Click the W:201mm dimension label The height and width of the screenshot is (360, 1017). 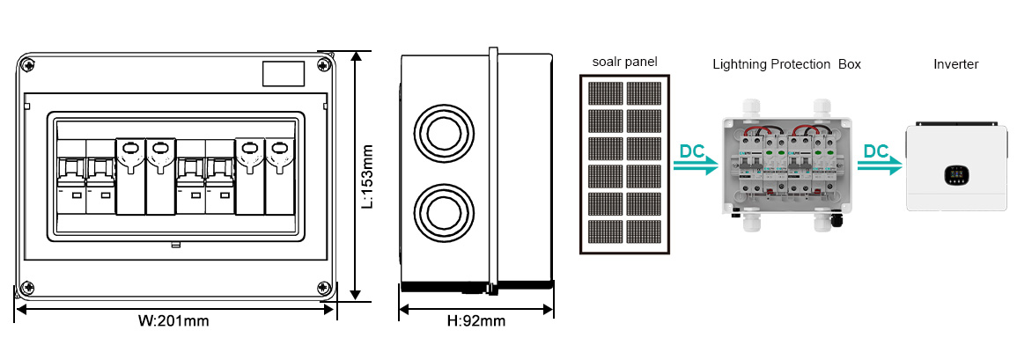(173, 320)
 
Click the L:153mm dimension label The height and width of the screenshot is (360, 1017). (367, 176)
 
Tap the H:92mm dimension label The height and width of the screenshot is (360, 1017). (476, 320)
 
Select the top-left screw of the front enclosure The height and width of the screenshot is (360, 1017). (28, 65)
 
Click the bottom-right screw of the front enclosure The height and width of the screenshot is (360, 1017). (323, 288)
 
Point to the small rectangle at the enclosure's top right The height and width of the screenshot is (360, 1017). (284, 73)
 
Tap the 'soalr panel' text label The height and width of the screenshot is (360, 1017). (624, 62)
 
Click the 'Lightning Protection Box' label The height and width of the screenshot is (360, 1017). (787, 64)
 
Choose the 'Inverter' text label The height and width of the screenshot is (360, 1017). (956, 64)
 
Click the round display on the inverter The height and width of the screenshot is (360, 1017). (954, 173)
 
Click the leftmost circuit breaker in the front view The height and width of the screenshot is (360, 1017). (71, 177)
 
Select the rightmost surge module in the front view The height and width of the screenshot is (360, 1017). (279, 176)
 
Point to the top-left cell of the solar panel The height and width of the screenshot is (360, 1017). (604, 93)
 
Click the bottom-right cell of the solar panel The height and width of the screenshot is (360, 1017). (644, 231)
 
